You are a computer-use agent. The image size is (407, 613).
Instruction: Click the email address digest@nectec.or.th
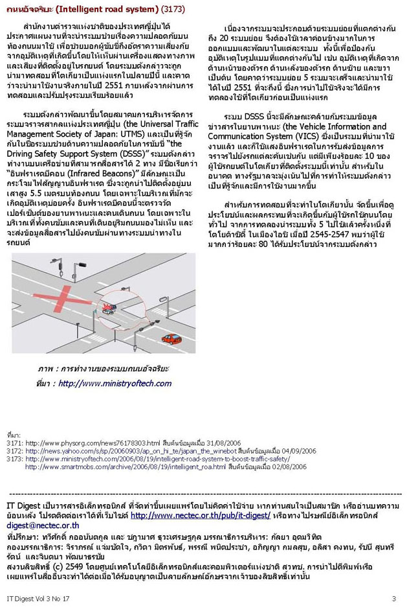click(43, 526)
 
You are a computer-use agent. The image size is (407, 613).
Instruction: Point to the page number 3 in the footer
click(393, 598)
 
